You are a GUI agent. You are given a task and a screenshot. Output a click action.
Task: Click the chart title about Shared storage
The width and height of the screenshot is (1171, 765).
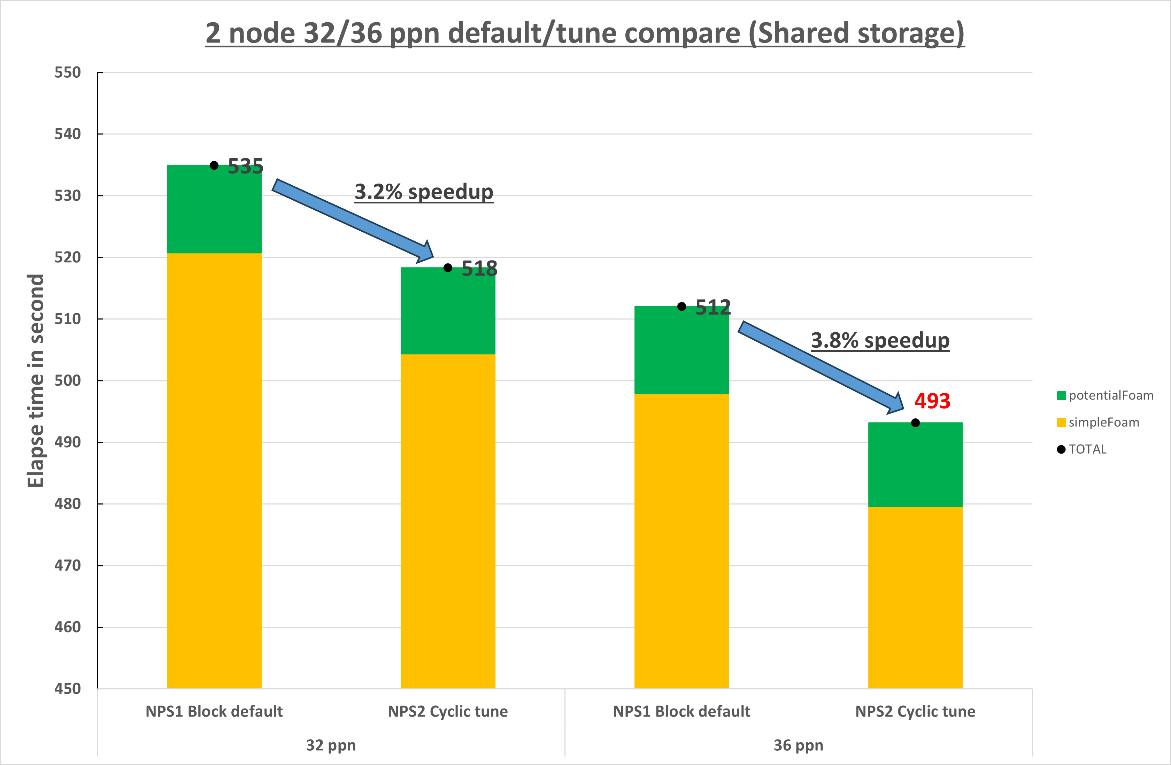click(585, 33)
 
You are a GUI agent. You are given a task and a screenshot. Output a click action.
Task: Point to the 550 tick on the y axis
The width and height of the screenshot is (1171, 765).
click(67, 73)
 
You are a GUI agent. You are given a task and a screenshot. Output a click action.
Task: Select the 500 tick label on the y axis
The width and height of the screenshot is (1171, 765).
click(67, 380)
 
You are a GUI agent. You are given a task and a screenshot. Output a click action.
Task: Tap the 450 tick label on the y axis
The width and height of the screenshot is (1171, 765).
click(67, 689)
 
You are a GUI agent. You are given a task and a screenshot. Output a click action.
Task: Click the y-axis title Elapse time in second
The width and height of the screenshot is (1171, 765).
click(36, 380)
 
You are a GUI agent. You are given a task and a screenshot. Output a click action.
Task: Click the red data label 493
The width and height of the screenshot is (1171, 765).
click(932, 401)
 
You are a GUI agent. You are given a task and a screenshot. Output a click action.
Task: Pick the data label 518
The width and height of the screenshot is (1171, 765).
click(479, 269)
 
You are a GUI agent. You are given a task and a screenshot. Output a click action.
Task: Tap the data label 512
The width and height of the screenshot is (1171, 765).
click(713, 308)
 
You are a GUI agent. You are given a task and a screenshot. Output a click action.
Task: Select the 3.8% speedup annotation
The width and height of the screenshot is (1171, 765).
click(880, 340)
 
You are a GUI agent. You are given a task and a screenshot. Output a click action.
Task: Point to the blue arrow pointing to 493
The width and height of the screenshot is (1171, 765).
click(821, 366)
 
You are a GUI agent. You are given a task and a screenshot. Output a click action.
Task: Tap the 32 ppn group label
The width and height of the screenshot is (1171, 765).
click(331, 745)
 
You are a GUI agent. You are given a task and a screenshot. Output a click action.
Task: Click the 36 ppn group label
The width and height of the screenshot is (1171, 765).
click(798, 745)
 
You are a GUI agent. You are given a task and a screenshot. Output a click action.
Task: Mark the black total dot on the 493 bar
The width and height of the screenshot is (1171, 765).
click(915, 423)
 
